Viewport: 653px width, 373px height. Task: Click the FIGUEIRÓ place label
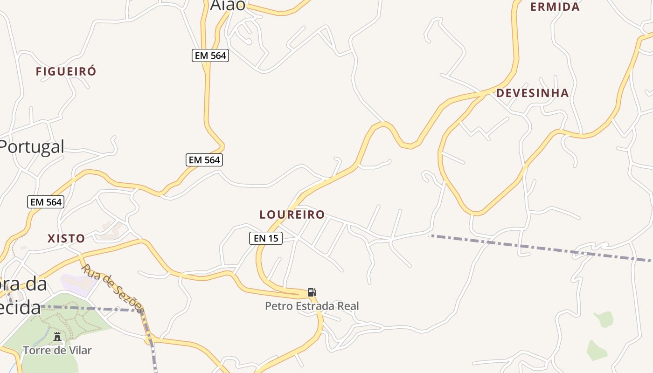tap(66, 71)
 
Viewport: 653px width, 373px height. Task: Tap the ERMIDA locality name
tap(555, 7)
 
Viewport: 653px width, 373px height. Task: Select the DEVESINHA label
tap(532, 93)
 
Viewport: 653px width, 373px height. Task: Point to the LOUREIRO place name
tap(292, 214)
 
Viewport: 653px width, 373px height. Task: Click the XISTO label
tap(66, 238)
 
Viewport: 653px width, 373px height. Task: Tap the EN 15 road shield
tap(265, 238)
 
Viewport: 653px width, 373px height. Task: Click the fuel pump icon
tap(312, 292)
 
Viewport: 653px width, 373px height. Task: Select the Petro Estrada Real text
tap(312, 306)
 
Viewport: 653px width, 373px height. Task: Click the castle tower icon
tap(57, 336)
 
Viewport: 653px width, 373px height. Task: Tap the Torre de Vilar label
tap(57, 350)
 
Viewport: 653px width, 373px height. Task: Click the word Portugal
tap(31, 146)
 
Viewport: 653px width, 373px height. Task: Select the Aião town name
tap(228, 5)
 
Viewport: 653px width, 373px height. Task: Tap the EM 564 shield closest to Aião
tap(210, 55)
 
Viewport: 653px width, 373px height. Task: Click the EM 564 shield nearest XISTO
tap(46, 202)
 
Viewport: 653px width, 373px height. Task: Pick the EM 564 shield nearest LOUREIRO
tap(204, 160)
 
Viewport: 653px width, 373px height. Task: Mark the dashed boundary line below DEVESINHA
tap(536, 247)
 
